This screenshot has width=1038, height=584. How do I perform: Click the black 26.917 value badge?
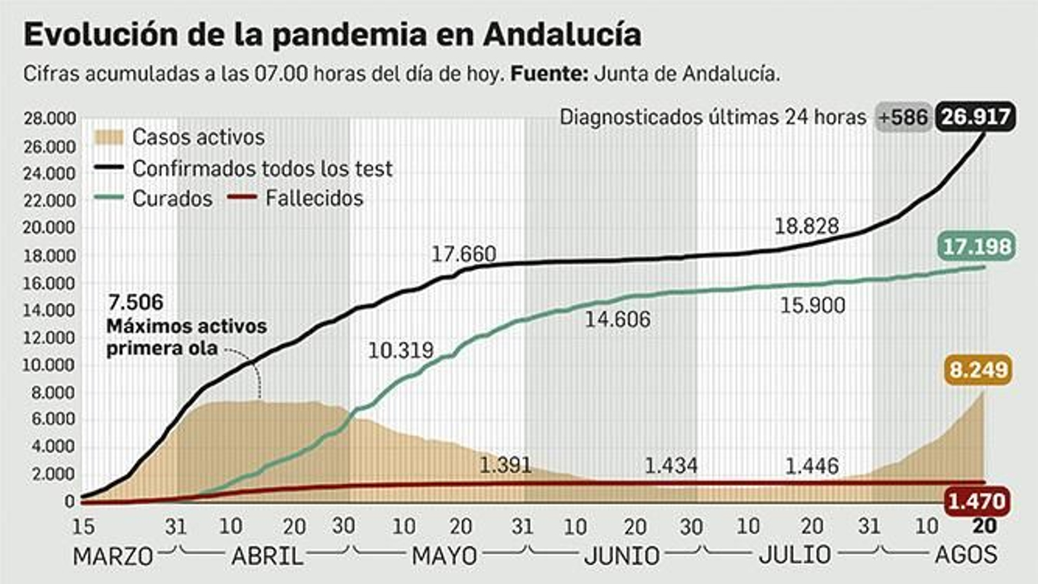coord(976,117)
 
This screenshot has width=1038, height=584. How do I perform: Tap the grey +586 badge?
coord(903,117)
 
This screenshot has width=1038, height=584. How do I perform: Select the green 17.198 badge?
coord(976,247)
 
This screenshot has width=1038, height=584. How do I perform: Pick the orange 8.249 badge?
coord(979,370)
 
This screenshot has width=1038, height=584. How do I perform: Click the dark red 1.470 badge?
coord(976,501)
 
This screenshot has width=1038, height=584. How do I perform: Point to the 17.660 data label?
coord(464,254)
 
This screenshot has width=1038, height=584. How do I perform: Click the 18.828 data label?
coord(806,226)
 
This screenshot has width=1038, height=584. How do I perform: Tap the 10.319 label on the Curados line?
coord(400,350)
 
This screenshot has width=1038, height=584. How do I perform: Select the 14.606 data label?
coord(617,319)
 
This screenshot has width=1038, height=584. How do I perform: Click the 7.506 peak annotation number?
coord(136,302)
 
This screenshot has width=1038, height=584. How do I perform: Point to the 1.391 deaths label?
coord(505,465)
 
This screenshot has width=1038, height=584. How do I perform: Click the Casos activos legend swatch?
coord(108,137)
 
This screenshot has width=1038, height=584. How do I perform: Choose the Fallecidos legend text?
coord(314,198)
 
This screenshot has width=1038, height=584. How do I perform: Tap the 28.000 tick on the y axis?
coord(50,119)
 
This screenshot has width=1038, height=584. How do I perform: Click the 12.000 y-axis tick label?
coord(50,338)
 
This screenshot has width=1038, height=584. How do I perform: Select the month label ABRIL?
coord(267,556)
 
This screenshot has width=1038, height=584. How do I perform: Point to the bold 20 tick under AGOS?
coord(984,526)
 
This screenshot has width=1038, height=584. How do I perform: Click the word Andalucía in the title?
coord(562,34)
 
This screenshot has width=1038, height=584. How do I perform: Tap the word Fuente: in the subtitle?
coord(549,74)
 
